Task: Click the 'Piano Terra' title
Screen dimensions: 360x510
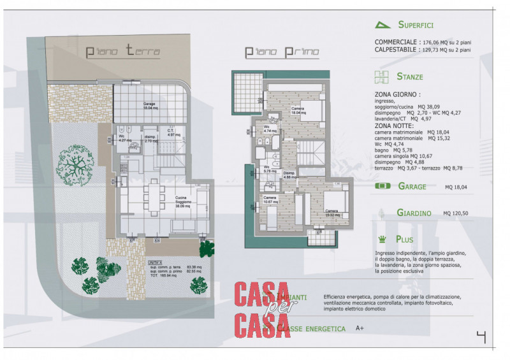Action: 123,52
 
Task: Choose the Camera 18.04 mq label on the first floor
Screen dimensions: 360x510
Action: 298,110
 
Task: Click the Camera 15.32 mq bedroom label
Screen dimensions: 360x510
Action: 331,213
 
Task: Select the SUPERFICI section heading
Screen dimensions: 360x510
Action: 415,25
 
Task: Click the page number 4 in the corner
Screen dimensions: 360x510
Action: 481,337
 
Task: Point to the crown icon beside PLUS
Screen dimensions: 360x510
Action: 382,240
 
